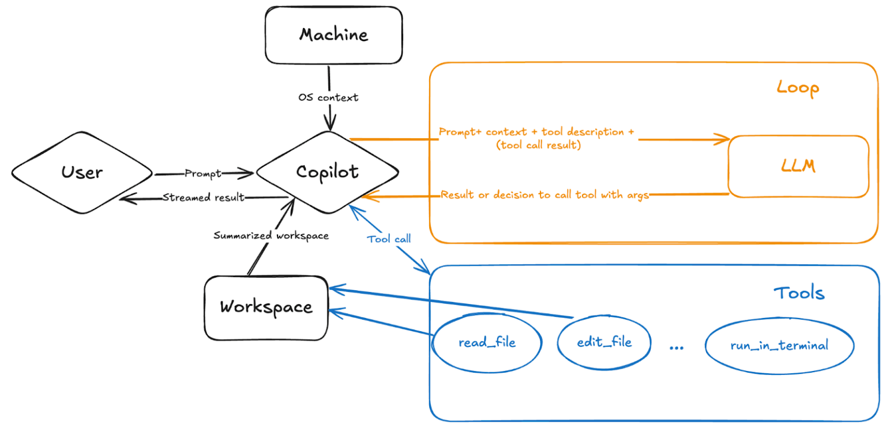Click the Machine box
(x=333, y=35)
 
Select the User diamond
(x=82, y=172)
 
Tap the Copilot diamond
(x=327, y=172)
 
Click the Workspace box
(x=266, y=307)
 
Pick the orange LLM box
(x=798, y=166)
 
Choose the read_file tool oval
(x=487, y=343)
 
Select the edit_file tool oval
(x=604, y=342)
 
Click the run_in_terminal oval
(x=779, y=346)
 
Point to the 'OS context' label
(x=328, y=97)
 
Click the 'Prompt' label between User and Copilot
(x=203, y=173)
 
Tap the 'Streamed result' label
(x=203, y=198)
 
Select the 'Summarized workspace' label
(x=271, y=236)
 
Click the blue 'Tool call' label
(x=389, y=238)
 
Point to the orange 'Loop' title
(x=798, y=88)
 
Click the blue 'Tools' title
(x=799, y=293)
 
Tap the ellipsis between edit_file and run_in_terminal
(x=677, y=348)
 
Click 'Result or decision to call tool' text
(x=545, y=195)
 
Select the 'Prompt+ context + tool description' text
(x=536, y=132)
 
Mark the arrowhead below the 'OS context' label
(x=331, y=125)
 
